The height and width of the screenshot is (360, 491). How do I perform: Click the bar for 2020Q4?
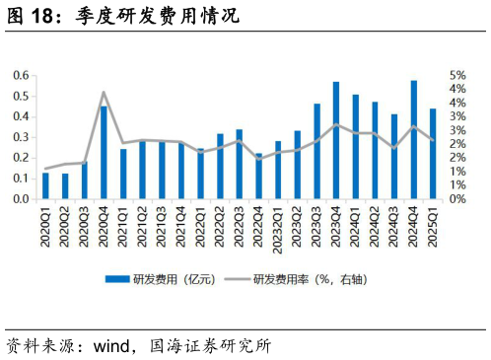tap(104, 152)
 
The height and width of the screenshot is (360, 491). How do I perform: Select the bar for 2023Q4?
tap(336, 140)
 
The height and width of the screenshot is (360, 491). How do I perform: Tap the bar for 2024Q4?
tap(413, 139)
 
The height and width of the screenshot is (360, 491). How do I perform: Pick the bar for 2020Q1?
tap(45, 185)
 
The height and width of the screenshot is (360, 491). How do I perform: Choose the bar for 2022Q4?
tap(258, 176)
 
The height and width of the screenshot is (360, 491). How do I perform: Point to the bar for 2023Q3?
tap(316, 151)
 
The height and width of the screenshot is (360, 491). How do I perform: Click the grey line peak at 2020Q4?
tap(104, 93)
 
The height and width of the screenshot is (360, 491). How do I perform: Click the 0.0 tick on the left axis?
tap(21, 198)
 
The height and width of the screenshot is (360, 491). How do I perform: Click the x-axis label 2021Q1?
tap(123, 226)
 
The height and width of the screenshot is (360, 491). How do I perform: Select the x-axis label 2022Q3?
tap(240, 226)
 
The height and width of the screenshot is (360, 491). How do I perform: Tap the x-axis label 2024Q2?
tap(375, 226)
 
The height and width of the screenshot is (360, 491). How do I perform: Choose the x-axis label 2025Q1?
tap(433, 226)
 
